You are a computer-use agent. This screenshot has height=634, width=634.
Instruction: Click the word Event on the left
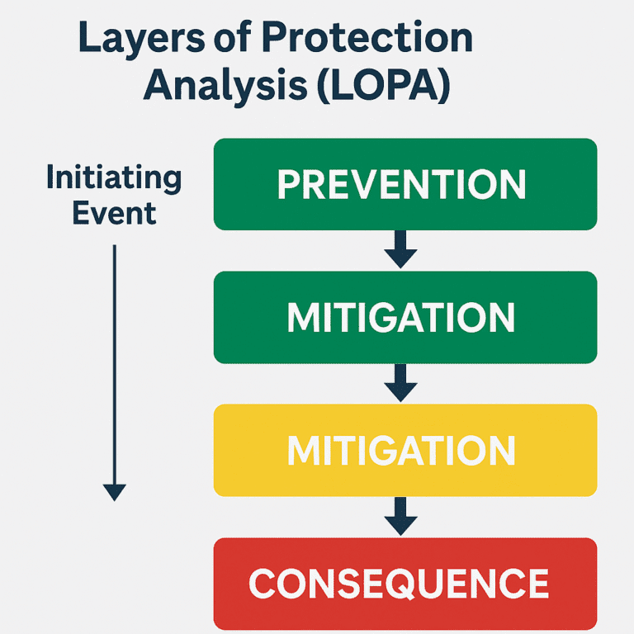click(114, 213)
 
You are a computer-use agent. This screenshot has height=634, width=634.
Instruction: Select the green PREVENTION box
click(405, 184)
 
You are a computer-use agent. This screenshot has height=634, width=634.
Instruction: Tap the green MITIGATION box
click(405, 317)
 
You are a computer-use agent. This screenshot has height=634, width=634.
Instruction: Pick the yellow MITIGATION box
click(405, 450)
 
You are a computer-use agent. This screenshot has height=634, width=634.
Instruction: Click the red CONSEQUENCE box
click(405, 583)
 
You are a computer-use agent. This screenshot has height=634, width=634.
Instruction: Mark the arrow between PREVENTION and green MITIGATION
click(401, 249)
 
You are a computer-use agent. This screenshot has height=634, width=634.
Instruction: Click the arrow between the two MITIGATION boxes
click(401, 382)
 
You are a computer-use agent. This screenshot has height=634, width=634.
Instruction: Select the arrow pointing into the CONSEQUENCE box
click(401, 516)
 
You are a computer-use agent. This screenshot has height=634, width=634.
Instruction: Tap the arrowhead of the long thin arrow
click(115, 492)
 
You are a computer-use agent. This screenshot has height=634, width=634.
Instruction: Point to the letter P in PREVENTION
click(287, 185)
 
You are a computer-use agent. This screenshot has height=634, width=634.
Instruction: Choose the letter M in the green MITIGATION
click(300, 318)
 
